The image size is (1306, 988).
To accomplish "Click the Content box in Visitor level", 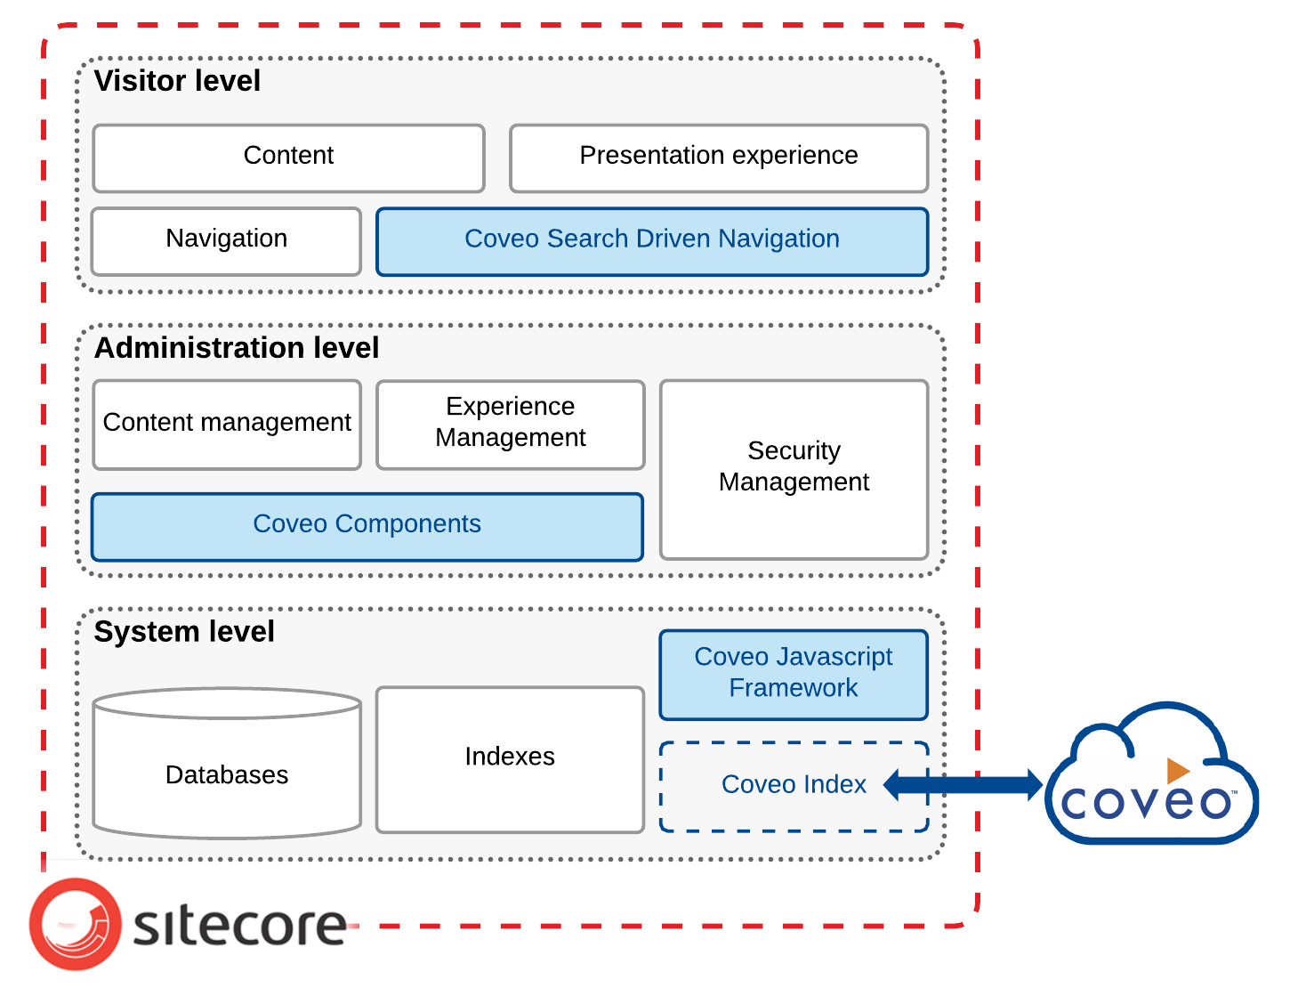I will coord(288,158).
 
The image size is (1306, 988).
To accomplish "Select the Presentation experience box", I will coord(718,158).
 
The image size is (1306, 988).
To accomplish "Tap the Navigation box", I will coord(226,240).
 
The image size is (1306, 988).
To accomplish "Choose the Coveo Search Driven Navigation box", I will coord(651,241).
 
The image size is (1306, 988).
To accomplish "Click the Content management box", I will coord(227,424).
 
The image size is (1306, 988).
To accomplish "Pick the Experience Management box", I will coord(510,424).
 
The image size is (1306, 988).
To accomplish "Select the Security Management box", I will coord(794,468).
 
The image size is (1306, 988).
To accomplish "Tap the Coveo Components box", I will coord(367,526).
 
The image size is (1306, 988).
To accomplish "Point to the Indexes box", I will coord(510,758).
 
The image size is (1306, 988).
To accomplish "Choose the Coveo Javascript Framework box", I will coord(794,674).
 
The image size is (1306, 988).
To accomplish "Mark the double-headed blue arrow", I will coord(963,785).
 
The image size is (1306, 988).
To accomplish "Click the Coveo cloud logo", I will coord(1150,776).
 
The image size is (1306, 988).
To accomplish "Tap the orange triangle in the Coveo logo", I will coord(1177,770).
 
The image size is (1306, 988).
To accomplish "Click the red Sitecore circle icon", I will coord(75,924).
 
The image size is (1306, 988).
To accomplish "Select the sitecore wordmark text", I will coord(239,926).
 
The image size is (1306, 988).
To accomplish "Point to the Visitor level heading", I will coord(177,81).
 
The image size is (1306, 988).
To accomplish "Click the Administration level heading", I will coord(237,348).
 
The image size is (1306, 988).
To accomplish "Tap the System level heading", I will coord(184,632).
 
